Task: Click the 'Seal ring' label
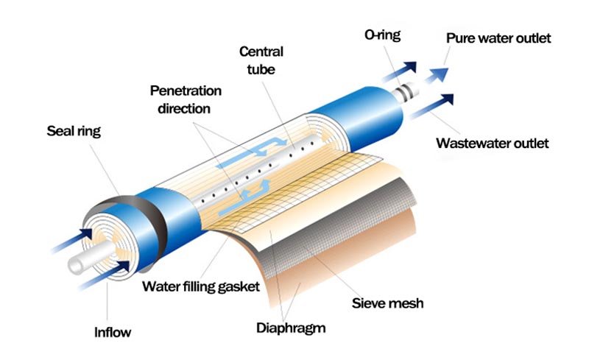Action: click(74, 132)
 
